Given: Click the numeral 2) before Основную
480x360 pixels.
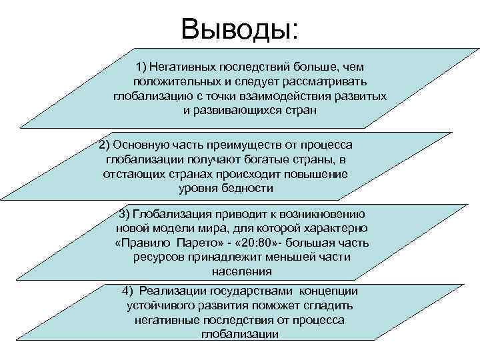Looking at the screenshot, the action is tap(104, 145).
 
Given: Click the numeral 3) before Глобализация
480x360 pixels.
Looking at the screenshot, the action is tap(124, 213).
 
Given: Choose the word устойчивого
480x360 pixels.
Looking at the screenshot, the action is tap(155, 305).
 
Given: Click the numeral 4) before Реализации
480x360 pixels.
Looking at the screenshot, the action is tap(129, 291).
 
